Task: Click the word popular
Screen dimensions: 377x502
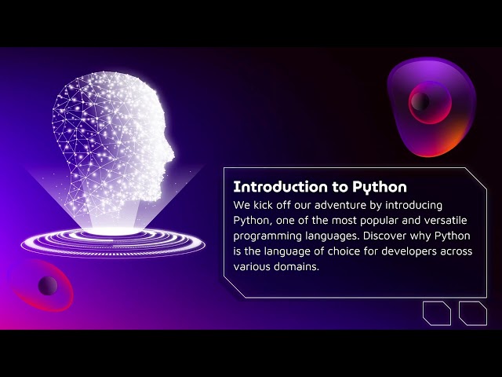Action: point(384,220)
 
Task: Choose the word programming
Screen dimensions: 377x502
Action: point(268,236)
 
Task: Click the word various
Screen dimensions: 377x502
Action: point(253,267)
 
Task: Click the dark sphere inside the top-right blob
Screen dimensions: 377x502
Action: point(420,101)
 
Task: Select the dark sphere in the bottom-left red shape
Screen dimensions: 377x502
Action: point(47,284)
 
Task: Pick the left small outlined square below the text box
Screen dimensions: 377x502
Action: point(437,313)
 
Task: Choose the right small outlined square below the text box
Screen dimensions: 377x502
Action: point(473,313)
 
